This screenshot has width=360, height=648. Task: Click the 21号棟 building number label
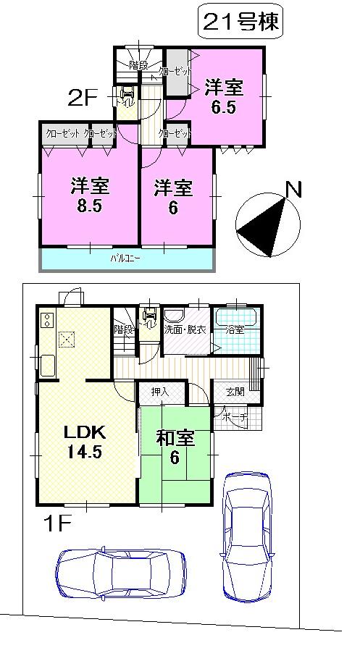238,24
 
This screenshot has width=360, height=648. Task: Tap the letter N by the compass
293,190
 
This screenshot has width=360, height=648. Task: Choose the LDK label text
85,433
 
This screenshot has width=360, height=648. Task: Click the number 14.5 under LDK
85,453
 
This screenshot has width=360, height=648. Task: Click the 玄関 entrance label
235,392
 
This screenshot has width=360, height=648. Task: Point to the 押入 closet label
159,392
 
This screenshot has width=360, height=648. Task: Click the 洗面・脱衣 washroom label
185,329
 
